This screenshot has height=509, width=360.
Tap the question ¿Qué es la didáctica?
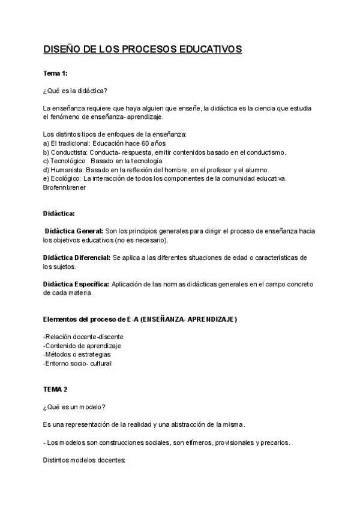click(75, 91)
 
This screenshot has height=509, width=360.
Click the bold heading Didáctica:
click(59, 213)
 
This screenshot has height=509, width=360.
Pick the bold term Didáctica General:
click(73, 231)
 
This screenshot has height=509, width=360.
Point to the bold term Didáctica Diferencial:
click(77, 258)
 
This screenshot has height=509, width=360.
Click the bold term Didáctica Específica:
click(76, 284)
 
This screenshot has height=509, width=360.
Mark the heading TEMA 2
click(56, 390)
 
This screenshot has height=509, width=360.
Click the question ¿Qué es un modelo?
click(75, 407)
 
